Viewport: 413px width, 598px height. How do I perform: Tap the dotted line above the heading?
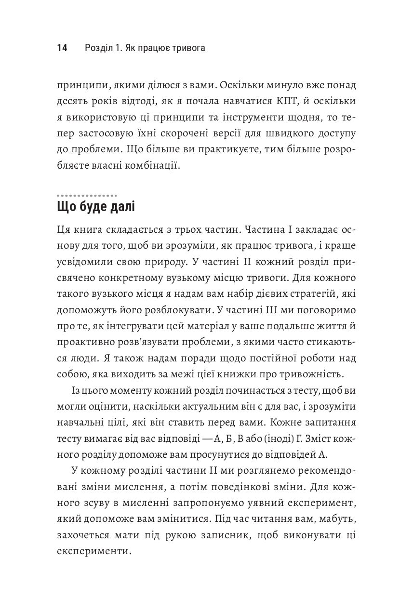[87, 196]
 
